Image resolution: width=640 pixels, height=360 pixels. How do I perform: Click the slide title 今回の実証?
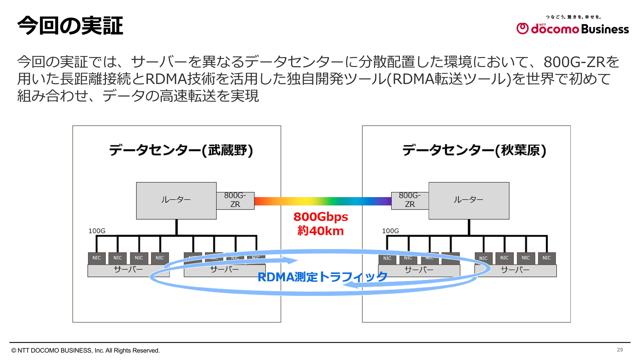click(70, 26)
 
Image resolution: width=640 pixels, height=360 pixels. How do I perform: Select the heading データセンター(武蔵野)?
click(181, 150)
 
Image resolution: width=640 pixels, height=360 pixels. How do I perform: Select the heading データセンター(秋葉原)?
click(474, 150)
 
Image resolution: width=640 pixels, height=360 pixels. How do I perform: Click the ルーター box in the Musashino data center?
click(176, 201)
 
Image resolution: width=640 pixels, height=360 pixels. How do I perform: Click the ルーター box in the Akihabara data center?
click(469, 201)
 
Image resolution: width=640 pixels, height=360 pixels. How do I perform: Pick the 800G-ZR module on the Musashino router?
click(235, 200)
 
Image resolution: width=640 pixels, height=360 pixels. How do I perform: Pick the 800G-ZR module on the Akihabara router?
click(410, 200)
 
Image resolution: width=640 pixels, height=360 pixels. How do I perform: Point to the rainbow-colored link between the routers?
click(323, 201)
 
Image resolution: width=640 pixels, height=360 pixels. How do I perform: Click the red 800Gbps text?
click(321, 217)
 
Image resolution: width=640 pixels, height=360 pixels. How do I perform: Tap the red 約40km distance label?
click(321, 231)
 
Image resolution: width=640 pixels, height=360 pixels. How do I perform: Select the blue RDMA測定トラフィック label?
click(322, 277)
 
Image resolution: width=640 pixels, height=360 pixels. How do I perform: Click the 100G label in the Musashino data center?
click(97, 231)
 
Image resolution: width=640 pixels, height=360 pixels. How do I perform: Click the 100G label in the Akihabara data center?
click(390, 231)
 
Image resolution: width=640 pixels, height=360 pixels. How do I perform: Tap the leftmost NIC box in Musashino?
click(97, 258)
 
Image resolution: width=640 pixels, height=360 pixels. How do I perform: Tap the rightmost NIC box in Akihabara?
click(547, 258)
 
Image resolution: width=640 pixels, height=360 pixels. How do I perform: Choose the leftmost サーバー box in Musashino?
click(128, 270)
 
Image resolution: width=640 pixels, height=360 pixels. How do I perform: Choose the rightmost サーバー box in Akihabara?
click(515, 270)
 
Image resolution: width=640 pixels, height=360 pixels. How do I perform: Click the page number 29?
click(620, 350)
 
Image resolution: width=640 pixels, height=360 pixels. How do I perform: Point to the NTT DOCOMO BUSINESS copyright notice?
click(86, 351)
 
